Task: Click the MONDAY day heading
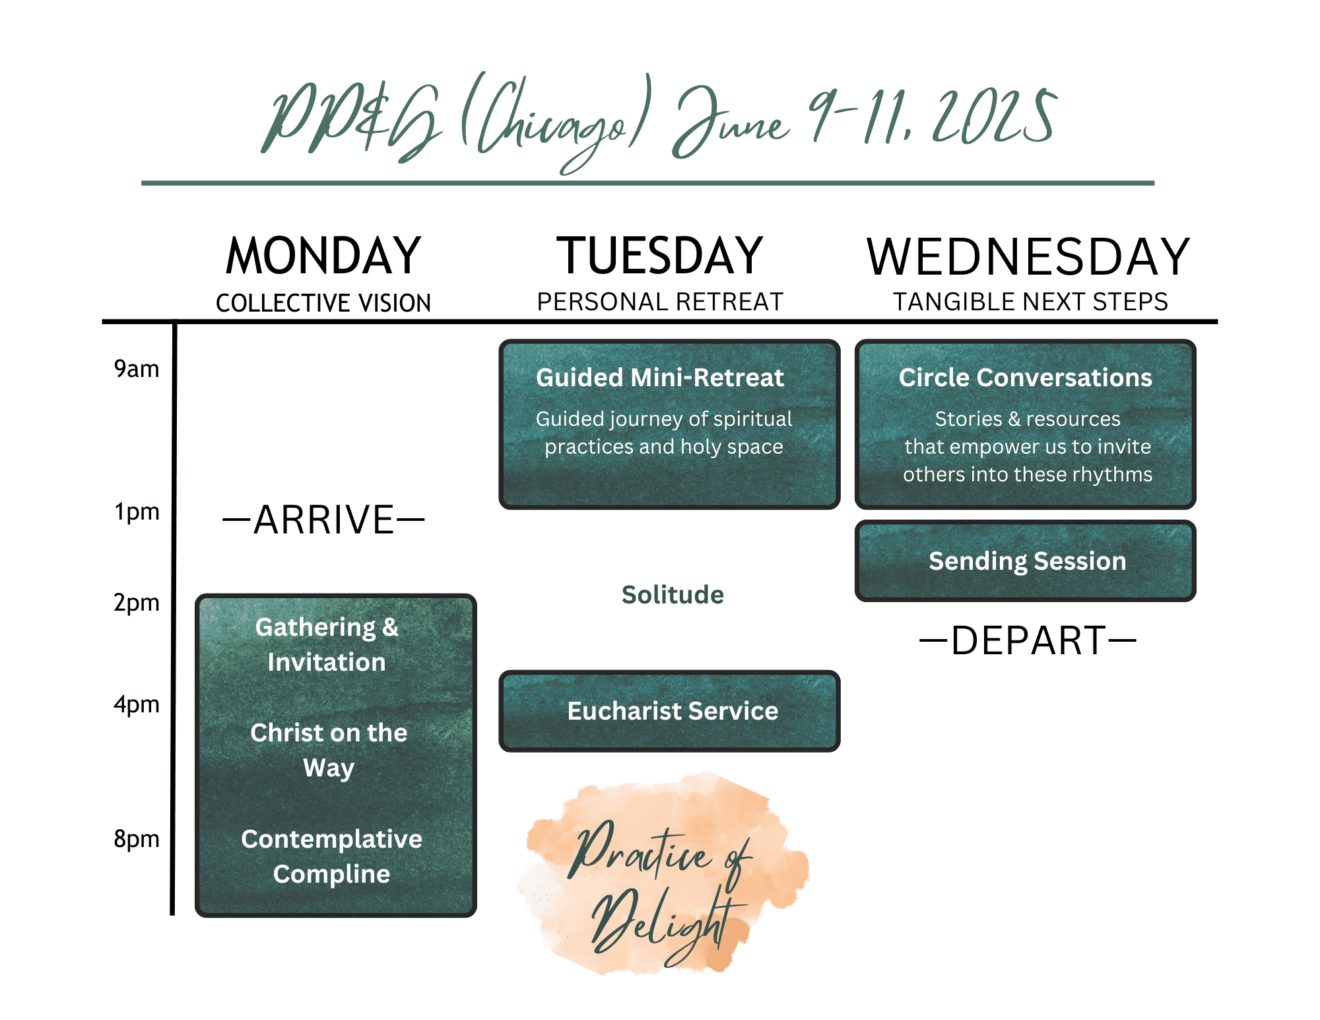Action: tap(323, 256)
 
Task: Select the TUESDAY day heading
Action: tap(660, 256)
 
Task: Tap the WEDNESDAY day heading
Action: tap(1028, 256)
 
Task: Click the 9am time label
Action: tap(137, 368)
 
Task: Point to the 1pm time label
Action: tap(137, 512)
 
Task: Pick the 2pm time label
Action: tap(137, 603)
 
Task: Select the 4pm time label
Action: tap(137, 704)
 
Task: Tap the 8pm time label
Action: tap(137, 839)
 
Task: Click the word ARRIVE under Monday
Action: tap(323, 520)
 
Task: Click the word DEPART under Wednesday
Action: tap(1028, 640)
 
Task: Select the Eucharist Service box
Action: tap(670, 711)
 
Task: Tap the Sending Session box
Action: tap(1026, 561)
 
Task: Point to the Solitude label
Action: tap(673, 595)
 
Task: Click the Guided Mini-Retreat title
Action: tap(660, 378)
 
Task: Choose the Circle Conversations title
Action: tap(1026, 378)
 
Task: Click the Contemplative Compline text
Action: tap(331, 856)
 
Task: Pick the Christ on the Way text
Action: tap(329, 750)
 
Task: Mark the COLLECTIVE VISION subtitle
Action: tap(323, 303)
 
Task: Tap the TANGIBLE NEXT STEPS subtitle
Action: tap(1030, 302)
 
